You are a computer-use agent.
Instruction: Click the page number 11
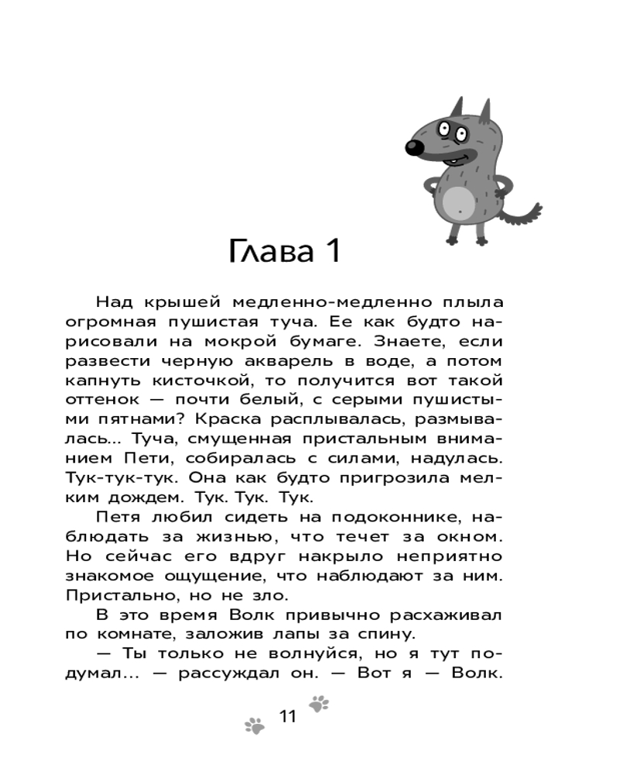pos(288,716)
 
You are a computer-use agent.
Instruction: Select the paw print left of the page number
pos(254,726)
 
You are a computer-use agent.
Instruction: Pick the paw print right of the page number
pos(319,704)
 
